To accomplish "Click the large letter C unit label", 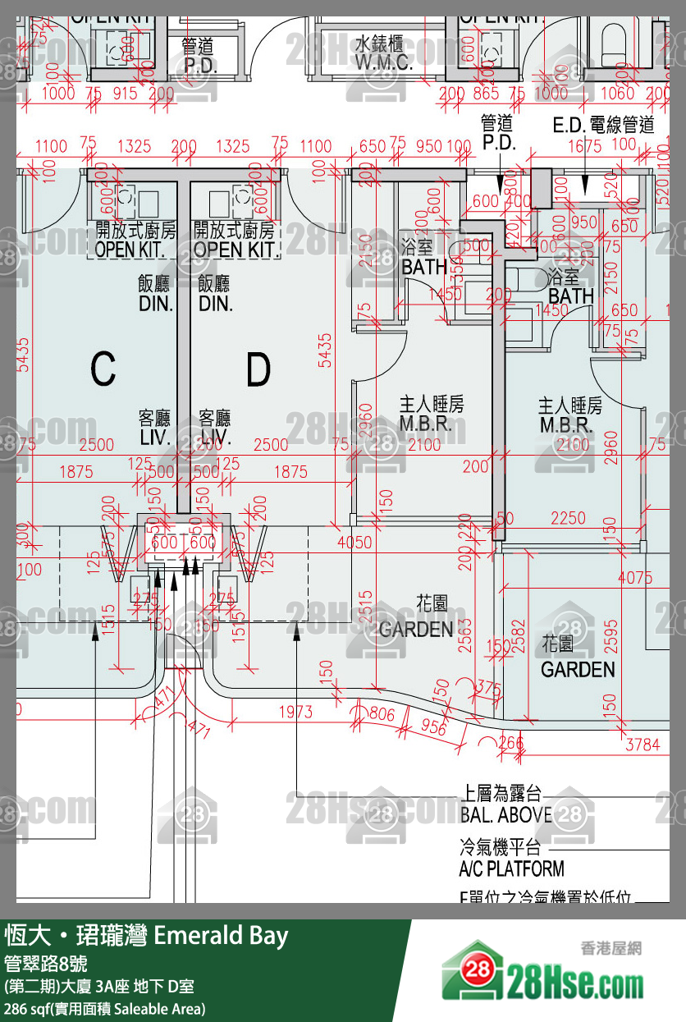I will point(103,369).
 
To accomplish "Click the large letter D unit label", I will point(258,371).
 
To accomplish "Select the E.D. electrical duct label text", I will point(603,125).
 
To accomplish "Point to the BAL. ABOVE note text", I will point(506,815).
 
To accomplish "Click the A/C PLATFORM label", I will point(511,868).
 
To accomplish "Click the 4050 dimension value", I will point(354,542).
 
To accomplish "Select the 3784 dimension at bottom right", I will point(643,745).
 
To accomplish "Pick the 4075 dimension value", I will point(635,577).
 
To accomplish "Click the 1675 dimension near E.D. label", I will point(583,146).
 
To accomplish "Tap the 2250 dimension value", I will point(568,518).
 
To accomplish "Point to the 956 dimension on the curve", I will point(432,727).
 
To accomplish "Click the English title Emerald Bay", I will point(221,935).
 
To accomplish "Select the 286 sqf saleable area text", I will point(104,1008).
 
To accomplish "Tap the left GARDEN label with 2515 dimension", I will point(416,630).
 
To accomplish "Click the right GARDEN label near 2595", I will point(578,669).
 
